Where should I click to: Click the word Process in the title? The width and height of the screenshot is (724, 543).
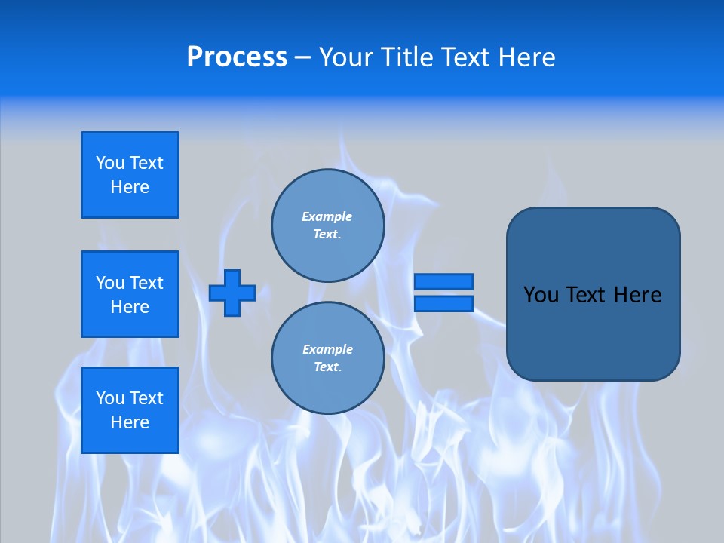point(237,57)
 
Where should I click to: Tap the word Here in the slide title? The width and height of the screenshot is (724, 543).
point(526,57)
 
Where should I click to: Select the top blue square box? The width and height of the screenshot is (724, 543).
point(130,175)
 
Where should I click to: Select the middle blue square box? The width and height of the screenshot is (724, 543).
point(130,294)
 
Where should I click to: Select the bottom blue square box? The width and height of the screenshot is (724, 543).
point(130,410)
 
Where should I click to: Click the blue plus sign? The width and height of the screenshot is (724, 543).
point(232,293)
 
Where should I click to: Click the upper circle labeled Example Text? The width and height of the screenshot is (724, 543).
point(327,225)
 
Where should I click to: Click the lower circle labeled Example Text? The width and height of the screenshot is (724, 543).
point(327,358)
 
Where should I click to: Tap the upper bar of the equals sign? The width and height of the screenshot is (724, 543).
point(443,281)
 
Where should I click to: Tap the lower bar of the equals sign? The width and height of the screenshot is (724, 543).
point(443,303)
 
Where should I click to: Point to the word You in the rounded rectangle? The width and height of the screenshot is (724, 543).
point(540,295)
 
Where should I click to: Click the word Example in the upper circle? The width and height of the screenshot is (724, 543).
point(327,216)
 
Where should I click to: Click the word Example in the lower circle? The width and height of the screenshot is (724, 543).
point(327,349)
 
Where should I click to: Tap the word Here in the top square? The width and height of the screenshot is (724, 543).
point(130,187)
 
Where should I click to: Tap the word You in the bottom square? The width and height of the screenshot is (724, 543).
point(110,398)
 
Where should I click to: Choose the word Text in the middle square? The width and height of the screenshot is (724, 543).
point(146,283)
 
